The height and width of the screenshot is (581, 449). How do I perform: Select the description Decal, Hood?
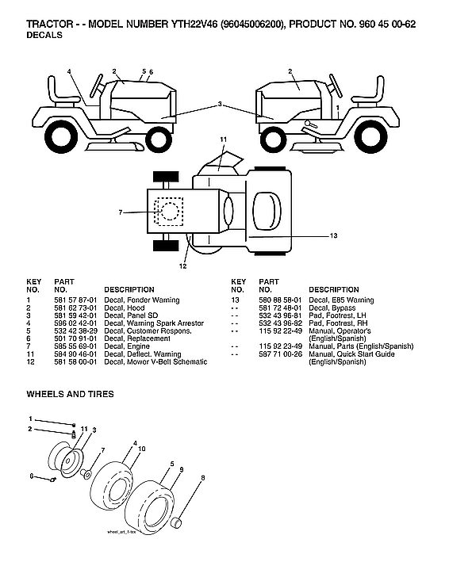click(x=124, y=308)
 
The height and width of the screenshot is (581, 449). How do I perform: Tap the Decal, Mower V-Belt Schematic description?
click(x=155, y=361)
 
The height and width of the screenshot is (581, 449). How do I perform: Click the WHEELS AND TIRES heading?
click(x=70, y=393)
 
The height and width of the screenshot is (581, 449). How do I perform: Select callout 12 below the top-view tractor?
click(x=182, y=266)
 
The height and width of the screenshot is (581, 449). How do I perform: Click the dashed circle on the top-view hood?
click(x=169, y=212)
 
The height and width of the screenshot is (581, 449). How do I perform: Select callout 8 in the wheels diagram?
click(x=202, y=478)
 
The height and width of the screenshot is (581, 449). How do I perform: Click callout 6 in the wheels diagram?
click(x=32, y=476)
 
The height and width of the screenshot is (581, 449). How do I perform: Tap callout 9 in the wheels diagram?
click(x=182, y=470)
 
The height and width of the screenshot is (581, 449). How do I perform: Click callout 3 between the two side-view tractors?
click(x=220, y=104)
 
